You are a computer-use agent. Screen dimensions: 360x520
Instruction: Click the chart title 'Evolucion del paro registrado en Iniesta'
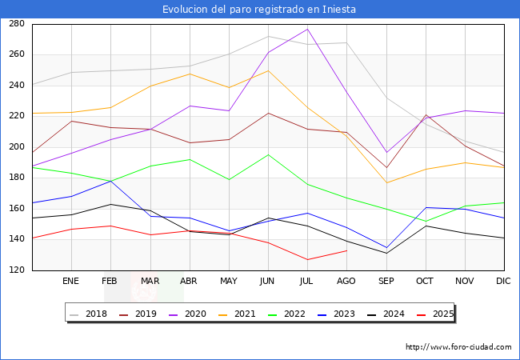tap(259, 10)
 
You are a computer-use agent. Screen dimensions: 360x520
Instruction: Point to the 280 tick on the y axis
tap(16, 24)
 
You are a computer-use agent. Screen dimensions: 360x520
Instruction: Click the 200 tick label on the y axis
tap(16, 147)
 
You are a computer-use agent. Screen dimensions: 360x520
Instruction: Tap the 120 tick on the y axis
tap(16, 270)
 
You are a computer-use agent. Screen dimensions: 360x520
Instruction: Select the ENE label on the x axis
tap(71, 282)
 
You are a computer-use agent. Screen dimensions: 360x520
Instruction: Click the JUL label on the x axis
tap(307, 282)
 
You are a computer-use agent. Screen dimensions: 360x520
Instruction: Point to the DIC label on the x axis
tap(503, 282)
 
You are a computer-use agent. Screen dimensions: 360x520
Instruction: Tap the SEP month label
tap(386, 282)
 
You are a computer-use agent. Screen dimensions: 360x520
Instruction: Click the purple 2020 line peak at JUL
tap(307, 29)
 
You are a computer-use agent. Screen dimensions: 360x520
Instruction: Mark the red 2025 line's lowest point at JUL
tap(307, 259)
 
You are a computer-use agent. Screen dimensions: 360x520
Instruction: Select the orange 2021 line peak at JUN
tap(268, 70)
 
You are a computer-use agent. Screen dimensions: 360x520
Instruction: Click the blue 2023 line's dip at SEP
tap(386, 248)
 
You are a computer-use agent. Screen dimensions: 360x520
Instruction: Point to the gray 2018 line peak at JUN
tap(268, 36)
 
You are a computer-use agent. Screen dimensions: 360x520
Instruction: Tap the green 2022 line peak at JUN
tap(268, 154)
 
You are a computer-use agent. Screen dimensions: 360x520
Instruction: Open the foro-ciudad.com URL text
tap(458, 347)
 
